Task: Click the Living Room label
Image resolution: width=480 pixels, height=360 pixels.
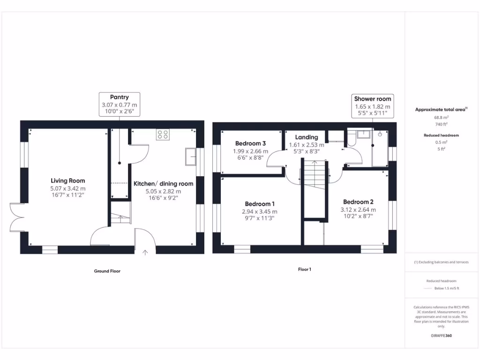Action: point(68,180)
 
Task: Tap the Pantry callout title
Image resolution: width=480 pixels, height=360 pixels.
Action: point(120,97)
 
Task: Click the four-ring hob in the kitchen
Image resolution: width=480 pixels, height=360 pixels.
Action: point(163,135)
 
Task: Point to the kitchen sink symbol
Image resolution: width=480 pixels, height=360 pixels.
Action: point(191,157)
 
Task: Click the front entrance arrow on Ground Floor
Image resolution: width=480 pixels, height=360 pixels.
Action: point(145,252)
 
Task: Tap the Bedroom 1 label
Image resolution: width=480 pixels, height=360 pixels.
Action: point(260,204)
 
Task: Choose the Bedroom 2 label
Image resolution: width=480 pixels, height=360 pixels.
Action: point(358,202)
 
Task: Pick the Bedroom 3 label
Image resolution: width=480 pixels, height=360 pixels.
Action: point(250,143)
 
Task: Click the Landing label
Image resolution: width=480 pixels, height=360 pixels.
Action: point(307,137)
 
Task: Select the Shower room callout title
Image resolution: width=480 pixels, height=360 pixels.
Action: point(372,99)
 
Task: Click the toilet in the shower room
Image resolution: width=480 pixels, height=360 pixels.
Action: point(350,139)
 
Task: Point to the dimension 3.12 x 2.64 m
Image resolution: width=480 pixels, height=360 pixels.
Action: point(358,210)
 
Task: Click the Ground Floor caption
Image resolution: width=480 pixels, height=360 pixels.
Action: point(108,271)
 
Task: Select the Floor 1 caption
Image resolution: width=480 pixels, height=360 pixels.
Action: point(304,269)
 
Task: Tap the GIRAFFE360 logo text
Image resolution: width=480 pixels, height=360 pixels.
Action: point(441,336)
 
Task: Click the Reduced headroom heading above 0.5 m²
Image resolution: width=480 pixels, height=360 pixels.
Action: point(441,135)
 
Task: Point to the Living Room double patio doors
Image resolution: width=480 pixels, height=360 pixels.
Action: point(16,217)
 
